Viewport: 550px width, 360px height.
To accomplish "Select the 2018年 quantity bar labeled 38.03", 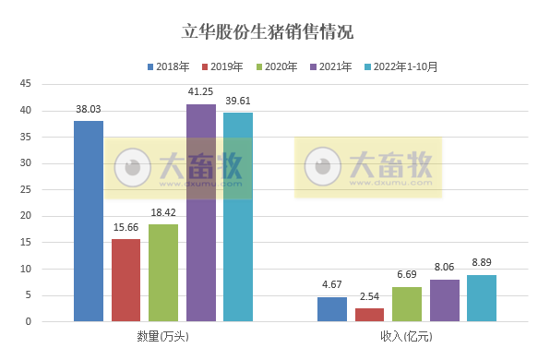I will click(x=89, y=222).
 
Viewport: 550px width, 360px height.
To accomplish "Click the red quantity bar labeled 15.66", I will click(x=126, y=280).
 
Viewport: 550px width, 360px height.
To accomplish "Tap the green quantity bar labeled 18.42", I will click(x=162, y=272).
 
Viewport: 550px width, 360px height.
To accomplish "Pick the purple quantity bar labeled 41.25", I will click(x=200, y=212).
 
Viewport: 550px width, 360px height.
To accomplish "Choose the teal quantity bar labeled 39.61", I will click(x=237, y=217).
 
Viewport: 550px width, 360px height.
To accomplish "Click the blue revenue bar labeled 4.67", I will click(x=332, y=309).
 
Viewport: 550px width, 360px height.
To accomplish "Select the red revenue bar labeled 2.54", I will click(x=369, y=315).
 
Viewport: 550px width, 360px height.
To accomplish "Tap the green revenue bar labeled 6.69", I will click(x=407, y=304).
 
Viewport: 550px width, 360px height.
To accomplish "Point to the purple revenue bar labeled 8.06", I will click(x=444, y=300).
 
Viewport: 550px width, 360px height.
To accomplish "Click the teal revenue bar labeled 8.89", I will click(x=482, y=298).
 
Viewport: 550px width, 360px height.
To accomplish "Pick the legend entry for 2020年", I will click(x=280, y=66).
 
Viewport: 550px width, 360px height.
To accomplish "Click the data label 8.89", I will click(x=482, y=262).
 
